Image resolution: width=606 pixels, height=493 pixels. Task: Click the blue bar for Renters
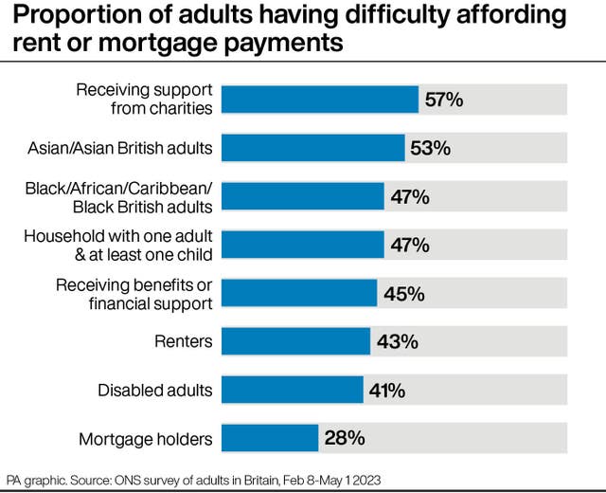(295, 341)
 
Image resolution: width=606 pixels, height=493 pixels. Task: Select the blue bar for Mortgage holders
(270, 438)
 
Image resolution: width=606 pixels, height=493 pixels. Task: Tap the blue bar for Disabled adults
(292, 390)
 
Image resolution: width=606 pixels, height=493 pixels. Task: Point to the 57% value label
(444, 100)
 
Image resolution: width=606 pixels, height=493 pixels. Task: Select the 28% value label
(345, 438)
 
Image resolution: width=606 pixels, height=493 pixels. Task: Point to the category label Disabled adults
(156, 390)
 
